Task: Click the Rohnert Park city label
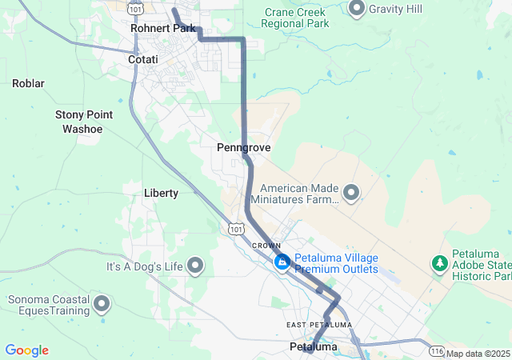click(162, 29)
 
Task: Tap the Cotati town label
click(142, 60)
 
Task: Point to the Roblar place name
click(28, 83)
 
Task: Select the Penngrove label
click(243, 148)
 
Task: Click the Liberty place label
click(161, 193)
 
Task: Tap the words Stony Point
click(83, 115)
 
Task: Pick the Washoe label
click(82, 128)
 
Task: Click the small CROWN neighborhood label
click(266, 245)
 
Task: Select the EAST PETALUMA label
click(318, 325)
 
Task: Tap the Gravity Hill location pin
click(357, 8)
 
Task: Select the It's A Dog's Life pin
click(195, 266)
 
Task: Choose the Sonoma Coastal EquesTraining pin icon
click(102, 303)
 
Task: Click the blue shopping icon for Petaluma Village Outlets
click(282, 262)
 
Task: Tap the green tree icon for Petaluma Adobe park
click(439, 262)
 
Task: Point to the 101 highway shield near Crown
click(234, 230)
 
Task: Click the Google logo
click(26, 350)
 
